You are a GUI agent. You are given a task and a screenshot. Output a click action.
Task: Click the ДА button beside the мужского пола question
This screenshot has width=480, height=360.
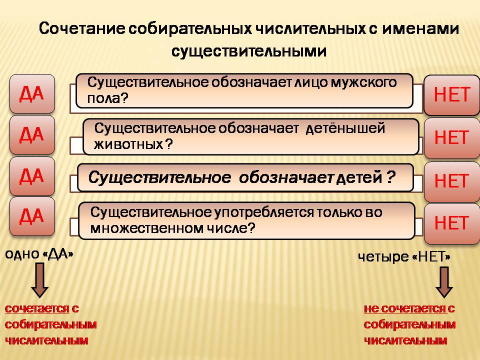[x=32, y=93]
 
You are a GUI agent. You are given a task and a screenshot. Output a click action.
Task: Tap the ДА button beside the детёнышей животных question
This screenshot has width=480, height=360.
[x=32, y=134]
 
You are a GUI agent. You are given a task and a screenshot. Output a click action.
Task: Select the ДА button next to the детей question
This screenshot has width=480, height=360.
[x=32, y=176]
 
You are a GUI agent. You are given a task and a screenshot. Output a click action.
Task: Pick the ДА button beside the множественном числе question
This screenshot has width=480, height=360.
[x=32, y=216]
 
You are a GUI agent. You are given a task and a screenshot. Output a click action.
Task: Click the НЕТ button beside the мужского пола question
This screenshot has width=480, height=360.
[x=451, y=94]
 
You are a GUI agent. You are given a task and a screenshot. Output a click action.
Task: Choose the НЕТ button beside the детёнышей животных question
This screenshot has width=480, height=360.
[x=451, y=138]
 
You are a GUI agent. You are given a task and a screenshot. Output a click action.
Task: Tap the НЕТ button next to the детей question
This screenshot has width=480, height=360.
[x=451, y=181]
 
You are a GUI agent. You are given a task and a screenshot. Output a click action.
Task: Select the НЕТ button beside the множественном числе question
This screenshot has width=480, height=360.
[x=451, y=223]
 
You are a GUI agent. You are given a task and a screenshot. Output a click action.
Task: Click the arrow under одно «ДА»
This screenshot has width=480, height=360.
[x=40, y=280]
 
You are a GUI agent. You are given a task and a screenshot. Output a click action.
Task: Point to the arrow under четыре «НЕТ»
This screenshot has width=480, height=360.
[x=444, y=282]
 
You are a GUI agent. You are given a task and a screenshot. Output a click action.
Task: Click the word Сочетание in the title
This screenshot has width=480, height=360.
[x=82, y=28]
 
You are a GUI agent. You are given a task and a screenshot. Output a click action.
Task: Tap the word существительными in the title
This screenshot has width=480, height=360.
[x=248, y=51]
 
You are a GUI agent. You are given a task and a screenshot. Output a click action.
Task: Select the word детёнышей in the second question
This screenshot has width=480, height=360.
[x=345, y=128]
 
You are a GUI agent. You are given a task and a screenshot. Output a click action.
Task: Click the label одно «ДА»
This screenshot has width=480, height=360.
[x=39, y=254]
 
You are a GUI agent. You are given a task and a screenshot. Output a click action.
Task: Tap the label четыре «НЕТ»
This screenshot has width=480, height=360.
[x=404, y=257]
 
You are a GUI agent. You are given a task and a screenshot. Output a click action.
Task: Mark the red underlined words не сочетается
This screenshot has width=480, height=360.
[x=404, y=308]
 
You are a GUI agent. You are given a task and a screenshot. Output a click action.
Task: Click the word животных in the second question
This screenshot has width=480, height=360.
[x=128, y=144]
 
